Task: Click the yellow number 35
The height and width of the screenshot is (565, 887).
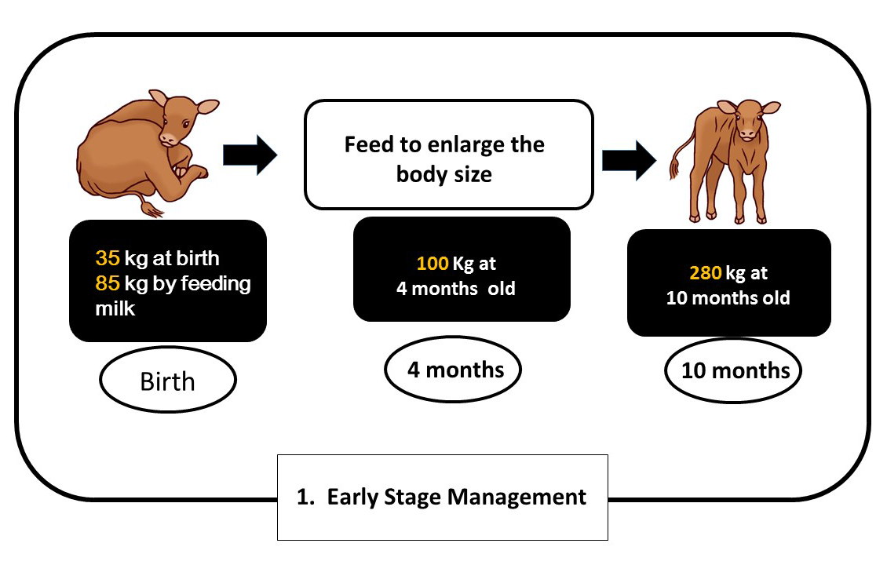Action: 108,258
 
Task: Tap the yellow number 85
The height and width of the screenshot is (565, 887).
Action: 108,282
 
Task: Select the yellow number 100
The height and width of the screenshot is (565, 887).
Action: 433,263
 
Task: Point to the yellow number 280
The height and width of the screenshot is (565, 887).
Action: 706,272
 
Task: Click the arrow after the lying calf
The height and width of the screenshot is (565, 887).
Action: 250,155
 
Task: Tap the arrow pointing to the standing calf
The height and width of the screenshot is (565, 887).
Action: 629,161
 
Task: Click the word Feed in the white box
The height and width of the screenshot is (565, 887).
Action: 370,145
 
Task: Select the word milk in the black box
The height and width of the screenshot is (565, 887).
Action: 115,308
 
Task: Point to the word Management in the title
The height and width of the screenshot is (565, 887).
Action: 517,498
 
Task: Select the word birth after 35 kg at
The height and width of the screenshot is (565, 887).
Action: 197,258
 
